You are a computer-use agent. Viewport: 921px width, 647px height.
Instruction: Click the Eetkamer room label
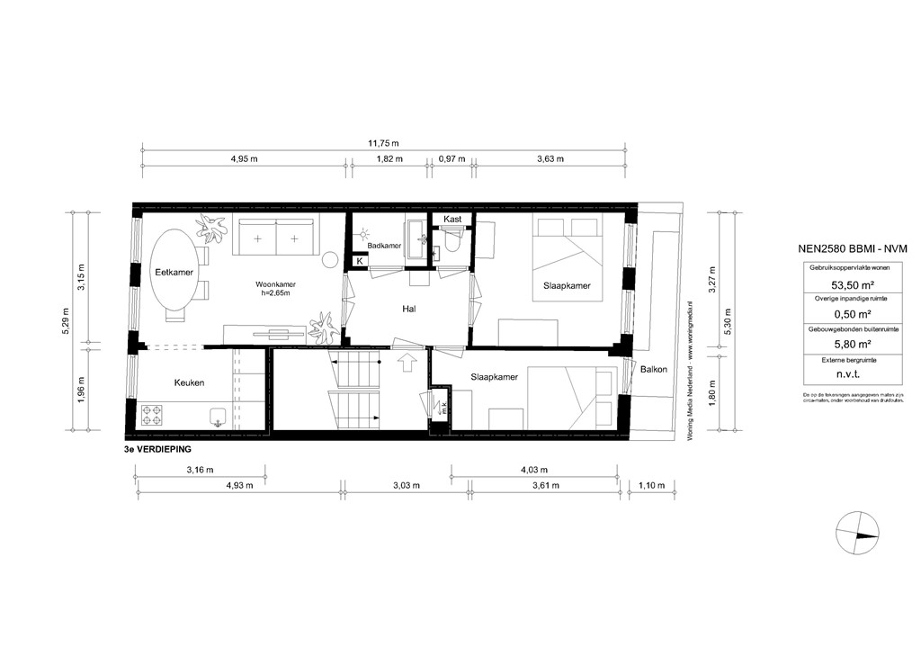174,272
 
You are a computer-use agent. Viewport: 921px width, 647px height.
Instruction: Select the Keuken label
189,382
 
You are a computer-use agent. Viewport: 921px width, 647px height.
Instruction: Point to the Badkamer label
384,245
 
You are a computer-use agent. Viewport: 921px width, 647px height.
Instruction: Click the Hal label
410,309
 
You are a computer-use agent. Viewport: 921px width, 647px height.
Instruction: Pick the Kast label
452,219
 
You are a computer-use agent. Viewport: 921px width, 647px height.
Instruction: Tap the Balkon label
654,370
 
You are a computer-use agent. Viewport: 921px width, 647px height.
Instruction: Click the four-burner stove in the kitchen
152,416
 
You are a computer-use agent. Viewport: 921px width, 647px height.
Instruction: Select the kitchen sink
217,416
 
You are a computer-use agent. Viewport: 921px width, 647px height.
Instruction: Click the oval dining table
174,272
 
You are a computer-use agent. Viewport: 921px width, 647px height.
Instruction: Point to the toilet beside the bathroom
452,242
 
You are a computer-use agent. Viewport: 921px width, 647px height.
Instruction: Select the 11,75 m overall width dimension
384,142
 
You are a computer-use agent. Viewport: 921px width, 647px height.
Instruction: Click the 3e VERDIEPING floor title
158,447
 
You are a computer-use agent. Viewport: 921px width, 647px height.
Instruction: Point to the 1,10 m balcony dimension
650,486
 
